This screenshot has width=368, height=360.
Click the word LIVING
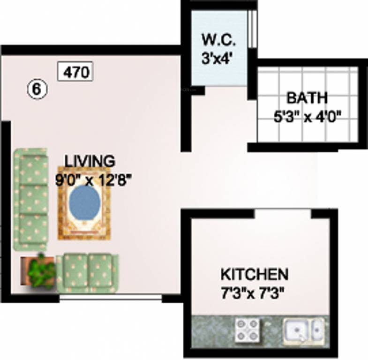pyautogui.click(x=90, y=160)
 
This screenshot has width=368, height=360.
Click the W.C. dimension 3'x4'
pyautogui.click(x=218, y=58)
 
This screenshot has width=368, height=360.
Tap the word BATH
pyautogui.click(x=307, y=98)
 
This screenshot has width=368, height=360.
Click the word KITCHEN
pyautogui.click(x=255, y=274)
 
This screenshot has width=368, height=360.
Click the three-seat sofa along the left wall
pyautogui.click(x=31, y=199)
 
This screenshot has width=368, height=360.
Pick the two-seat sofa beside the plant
pyautogui.click(x=87, y=273)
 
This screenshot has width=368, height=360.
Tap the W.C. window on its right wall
pyautogui.click(x=253, y=29)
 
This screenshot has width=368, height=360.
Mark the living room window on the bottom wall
pyautogui.click(x=111, y=297)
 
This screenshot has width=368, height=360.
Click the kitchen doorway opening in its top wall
pyautogui.click(x=283, y=214)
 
